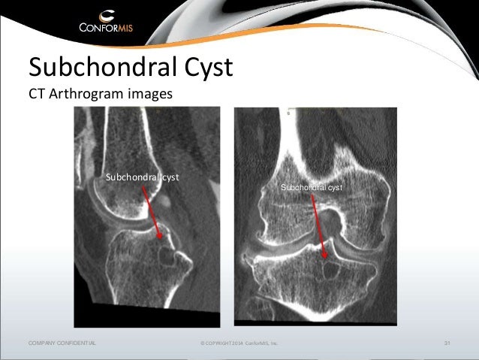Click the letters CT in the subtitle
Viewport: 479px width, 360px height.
click(x=38, y=95)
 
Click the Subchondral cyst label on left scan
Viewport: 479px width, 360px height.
click(x=146, y=178)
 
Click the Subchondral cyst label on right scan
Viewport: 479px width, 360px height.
click(x=312, y=187)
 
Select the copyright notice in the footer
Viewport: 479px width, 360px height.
click(x=239, y=343)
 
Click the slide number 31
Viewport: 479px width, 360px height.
click(x=447, y=343)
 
